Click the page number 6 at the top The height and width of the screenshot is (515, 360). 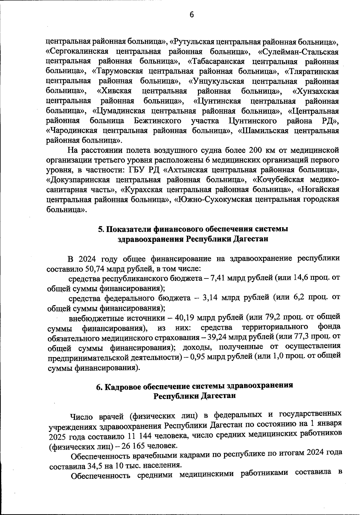click(x=192, y=15)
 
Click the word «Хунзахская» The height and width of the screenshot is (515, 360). click(x=315, y=91)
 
